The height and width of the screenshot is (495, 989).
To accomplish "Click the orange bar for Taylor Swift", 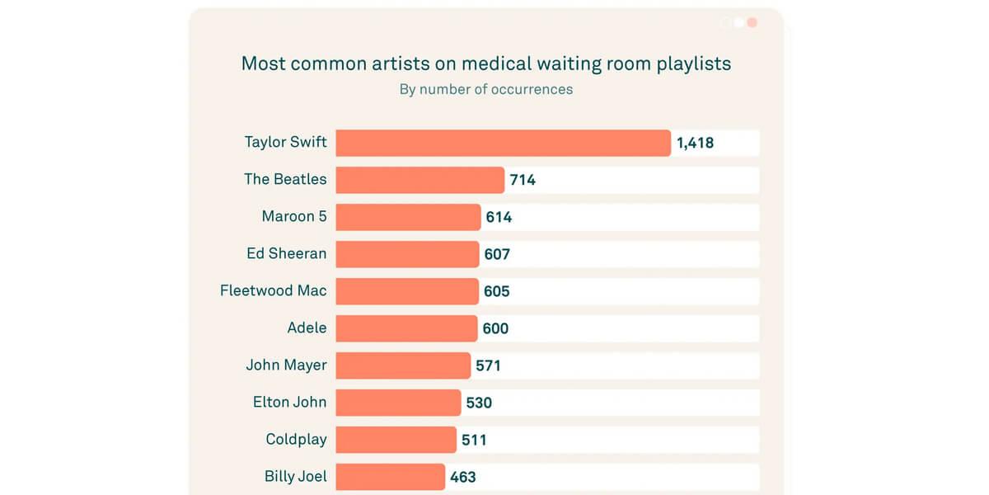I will pos(503,143).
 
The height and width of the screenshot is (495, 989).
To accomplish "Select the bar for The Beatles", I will pos(420,180).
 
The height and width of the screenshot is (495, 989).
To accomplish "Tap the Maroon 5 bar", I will pos(408,217).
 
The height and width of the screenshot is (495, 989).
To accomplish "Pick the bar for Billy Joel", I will pos(390,477).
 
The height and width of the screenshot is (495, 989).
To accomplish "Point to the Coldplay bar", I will pos(396,440).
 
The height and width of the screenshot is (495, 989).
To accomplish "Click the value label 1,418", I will pos(695,143).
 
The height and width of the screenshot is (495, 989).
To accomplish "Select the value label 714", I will pos(523,180).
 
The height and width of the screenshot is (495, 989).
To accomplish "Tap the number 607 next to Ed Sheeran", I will pos(497,254).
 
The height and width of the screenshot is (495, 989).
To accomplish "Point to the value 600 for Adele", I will pos(495,328).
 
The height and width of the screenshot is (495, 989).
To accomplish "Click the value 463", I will pos(462,477).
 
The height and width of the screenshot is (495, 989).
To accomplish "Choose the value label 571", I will pos(488,365).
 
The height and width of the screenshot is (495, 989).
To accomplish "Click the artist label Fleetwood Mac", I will pos(273,290).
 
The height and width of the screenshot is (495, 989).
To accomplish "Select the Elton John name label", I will pos(289,402).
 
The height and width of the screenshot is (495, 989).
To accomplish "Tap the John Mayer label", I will pos(286,365).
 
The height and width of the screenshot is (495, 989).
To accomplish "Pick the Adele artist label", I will pos(307,328).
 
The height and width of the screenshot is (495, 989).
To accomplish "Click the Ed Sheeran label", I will pos(286,253).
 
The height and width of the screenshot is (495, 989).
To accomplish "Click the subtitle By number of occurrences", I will pos(486,89).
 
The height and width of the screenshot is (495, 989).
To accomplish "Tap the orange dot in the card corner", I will pos(752,22).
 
